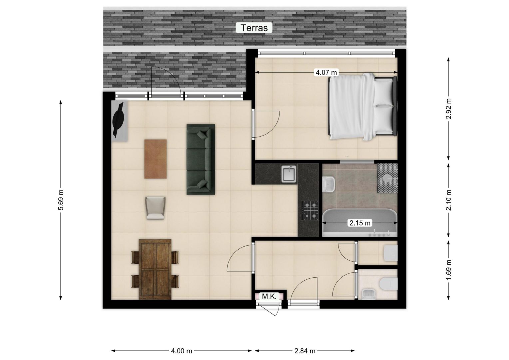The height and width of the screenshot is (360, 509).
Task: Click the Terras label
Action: [x=254, y=28]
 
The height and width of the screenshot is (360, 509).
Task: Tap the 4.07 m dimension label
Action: [x=326, y=72]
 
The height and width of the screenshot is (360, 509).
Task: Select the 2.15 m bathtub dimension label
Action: [x=360, y=223]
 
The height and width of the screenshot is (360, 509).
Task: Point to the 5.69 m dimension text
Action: [x=61, y=200]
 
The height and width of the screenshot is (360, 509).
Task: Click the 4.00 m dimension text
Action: [x=182, y=351]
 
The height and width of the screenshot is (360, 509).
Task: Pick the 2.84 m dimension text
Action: [x=305, y=351]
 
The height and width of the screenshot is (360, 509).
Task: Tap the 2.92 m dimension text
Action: [x=448, y=109]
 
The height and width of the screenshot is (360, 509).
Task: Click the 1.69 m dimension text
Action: [x=448, y=270]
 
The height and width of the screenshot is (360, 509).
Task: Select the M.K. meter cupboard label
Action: [x=269, y=296]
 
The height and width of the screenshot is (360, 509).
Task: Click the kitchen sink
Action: [x=289, y=174]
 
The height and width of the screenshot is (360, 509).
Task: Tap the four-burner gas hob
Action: [x=310, y=210]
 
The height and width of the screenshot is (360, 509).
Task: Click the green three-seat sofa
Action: [x=201, y=159]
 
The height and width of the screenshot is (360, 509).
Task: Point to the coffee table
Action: [x=156, y=159]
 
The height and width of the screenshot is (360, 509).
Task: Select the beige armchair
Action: [x=156, y=208]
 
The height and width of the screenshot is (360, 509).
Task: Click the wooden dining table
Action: [x=155, y=269]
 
